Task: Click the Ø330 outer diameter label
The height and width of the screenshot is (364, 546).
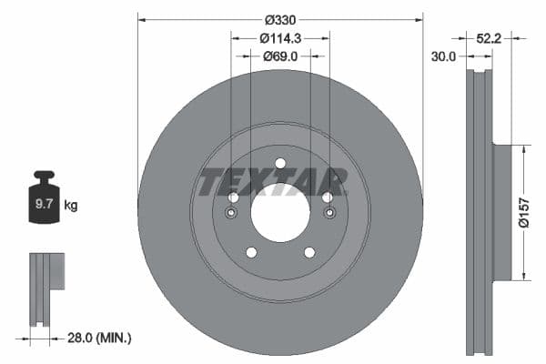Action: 279,19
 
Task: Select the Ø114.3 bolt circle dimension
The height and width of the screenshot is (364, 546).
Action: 279,38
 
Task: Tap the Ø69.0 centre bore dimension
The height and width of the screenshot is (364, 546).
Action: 279,56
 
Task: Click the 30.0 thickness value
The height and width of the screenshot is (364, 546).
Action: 445,56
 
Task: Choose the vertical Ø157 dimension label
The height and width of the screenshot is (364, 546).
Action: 524,210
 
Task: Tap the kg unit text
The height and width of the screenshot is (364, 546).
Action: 71,206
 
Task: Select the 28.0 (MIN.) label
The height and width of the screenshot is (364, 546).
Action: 100,338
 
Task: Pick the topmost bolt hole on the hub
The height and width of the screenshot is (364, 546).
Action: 279,164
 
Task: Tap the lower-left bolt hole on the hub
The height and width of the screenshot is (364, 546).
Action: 251,252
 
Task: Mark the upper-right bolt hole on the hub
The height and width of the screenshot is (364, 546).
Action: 327,197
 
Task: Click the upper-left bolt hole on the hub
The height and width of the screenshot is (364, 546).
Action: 233,197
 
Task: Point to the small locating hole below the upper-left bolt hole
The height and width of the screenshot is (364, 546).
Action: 232,214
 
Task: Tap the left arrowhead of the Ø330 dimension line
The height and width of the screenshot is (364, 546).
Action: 140,19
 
